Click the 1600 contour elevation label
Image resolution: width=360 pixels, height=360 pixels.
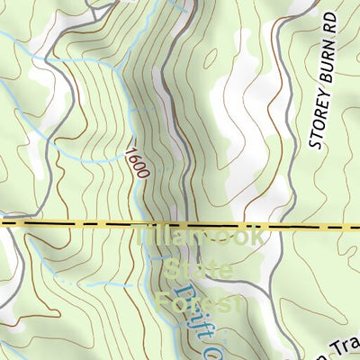[137, 163]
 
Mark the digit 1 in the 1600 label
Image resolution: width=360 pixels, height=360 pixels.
[131, 153]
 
